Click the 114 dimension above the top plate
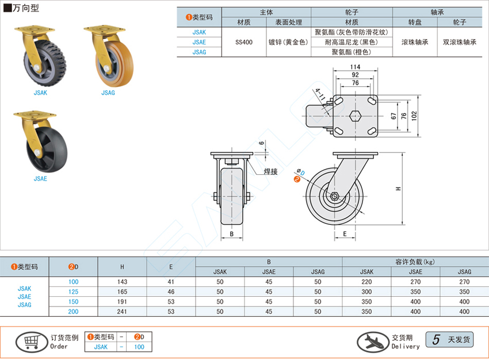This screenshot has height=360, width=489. coord(355,67)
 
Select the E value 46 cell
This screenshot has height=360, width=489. coord(171,292)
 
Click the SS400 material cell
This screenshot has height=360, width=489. coord(244,42)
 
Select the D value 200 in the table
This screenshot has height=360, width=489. coord(74,311)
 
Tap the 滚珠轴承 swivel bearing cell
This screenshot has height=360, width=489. coord(415,42)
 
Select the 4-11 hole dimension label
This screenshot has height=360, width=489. coord(319,94)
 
